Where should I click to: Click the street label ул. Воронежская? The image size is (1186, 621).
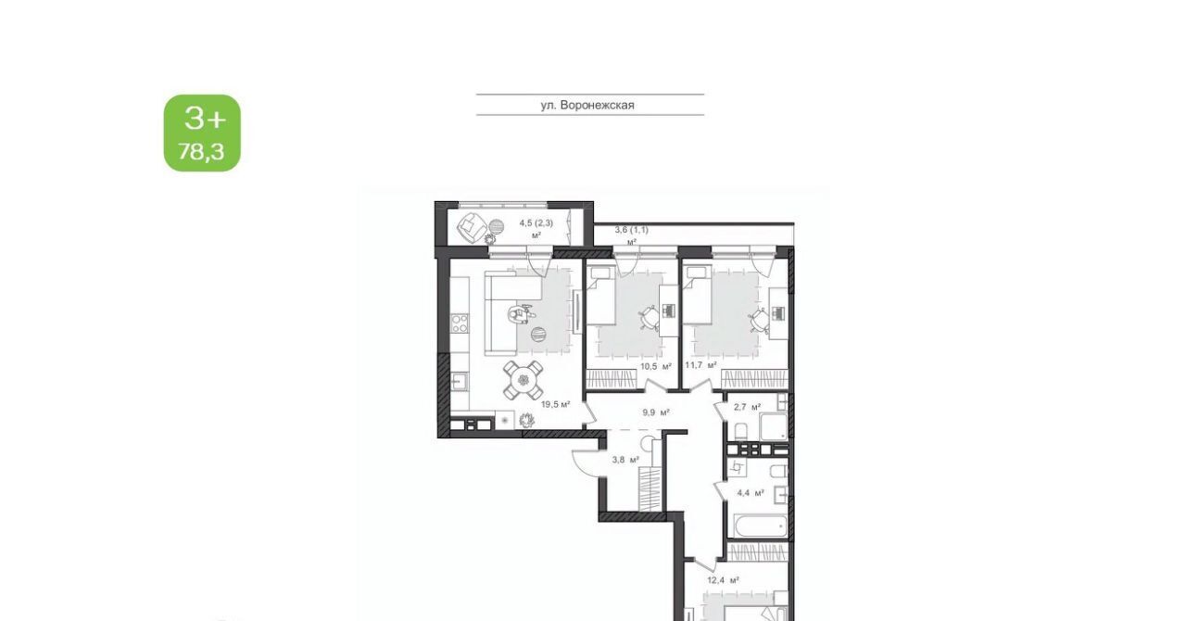[x=587, y=105]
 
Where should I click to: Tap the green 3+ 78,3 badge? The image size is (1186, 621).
[x=202, y=133]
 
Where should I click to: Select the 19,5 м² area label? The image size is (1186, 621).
[x=555, y=404]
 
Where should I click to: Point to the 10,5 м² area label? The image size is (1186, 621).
[x=656, y=365]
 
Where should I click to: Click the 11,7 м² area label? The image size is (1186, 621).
[x=701, y=365]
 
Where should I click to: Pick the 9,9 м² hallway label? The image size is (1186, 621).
[x=657, y=412]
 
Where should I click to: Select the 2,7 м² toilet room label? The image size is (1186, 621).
[x=747, y=407]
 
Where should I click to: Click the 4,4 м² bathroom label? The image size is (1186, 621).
[x=751, y=493]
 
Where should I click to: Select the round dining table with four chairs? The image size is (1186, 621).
[x=524, y=380]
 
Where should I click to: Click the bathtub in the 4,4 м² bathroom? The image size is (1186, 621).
[x=760, y=526]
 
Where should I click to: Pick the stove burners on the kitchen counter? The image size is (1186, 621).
[x=460, y=323]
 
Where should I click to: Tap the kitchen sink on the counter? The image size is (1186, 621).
[x=459, y=381]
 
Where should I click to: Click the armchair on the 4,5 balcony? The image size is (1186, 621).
[x=473, y=228]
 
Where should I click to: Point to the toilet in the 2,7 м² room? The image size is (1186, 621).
[x=740, y=432]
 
